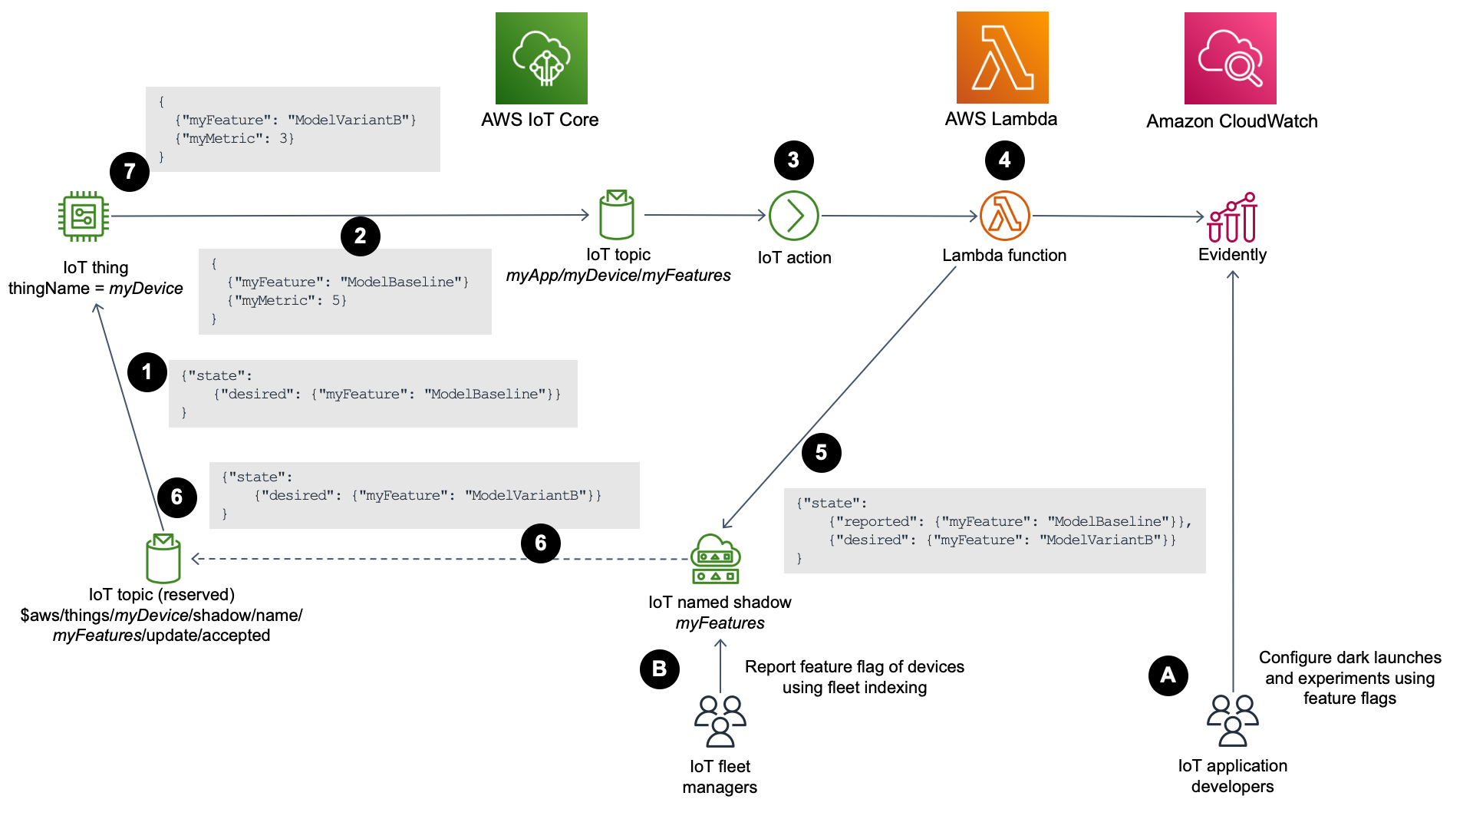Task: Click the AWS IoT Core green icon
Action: [x=541, y=58]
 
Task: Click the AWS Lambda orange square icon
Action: [x=1002, y=58]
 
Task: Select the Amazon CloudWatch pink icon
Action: [x=1230, y=58]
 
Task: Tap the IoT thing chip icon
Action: [x=84, y=216]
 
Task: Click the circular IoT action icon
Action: [x=793, y=216]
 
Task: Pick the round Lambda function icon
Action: [x=1004, y=216]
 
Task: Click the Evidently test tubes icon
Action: [x=1232, y=218]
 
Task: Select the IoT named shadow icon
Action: [x=715, y=559]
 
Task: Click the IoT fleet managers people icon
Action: [x=720, y=721]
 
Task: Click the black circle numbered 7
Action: [x=130, y=171]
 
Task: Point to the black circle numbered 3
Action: [x=793, y=160]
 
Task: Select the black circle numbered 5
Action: [x=821, y=452]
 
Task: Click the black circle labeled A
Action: [x=1168, y=675]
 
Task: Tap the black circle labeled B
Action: [x=659, y=669]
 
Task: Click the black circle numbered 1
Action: [x=147, y=372]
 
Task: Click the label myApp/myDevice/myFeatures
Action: [x=618, y=276]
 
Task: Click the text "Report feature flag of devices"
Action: [x=854, y=667]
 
